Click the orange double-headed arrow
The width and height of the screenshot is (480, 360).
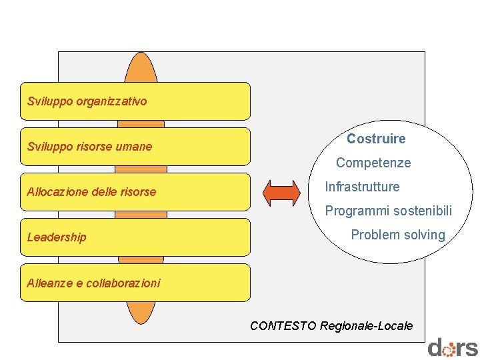(282, 192)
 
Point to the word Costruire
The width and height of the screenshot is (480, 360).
(376, 139)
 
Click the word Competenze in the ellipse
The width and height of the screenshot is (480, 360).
(373, 163)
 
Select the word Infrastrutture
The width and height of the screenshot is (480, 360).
(362, 187)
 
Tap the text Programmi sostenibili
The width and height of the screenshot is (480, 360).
(388, 211)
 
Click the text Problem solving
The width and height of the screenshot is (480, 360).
(398, 235)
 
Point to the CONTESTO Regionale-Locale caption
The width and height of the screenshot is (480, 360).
(331, 326)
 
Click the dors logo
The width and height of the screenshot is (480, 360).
(453, 348)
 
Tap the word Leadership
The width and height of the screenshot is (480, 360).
(57, 237)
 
